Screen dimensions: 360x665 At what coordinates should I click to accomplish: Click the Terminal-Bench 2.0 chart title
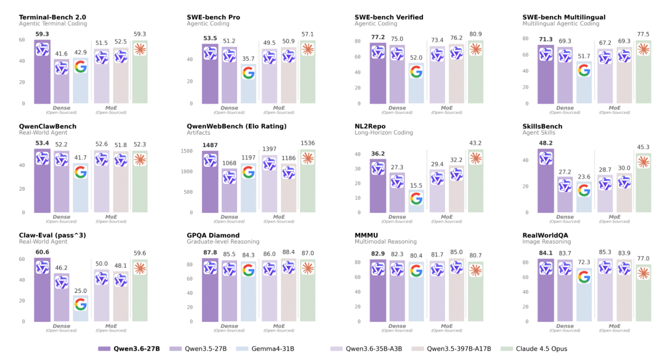52,17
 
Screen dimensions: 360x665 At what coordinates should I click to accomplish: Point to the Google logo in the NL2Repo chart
416,198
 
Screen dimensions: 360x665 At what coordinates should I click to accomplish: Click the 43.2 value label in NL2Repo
475,143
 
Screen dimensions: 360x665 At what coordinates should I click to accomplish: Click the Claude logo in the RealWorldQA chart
643,273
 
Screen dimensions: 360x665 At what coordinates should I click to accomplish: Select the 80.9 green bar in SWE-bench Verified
475,74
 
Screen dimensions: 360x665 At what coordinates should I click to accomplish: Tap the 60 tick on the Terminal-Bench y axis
22,40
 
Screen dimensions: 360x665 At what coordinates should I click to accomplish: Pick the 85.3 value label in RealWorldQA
605,252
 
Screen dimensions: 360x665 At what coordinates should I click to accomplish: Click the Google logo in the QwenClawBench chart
81,172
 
